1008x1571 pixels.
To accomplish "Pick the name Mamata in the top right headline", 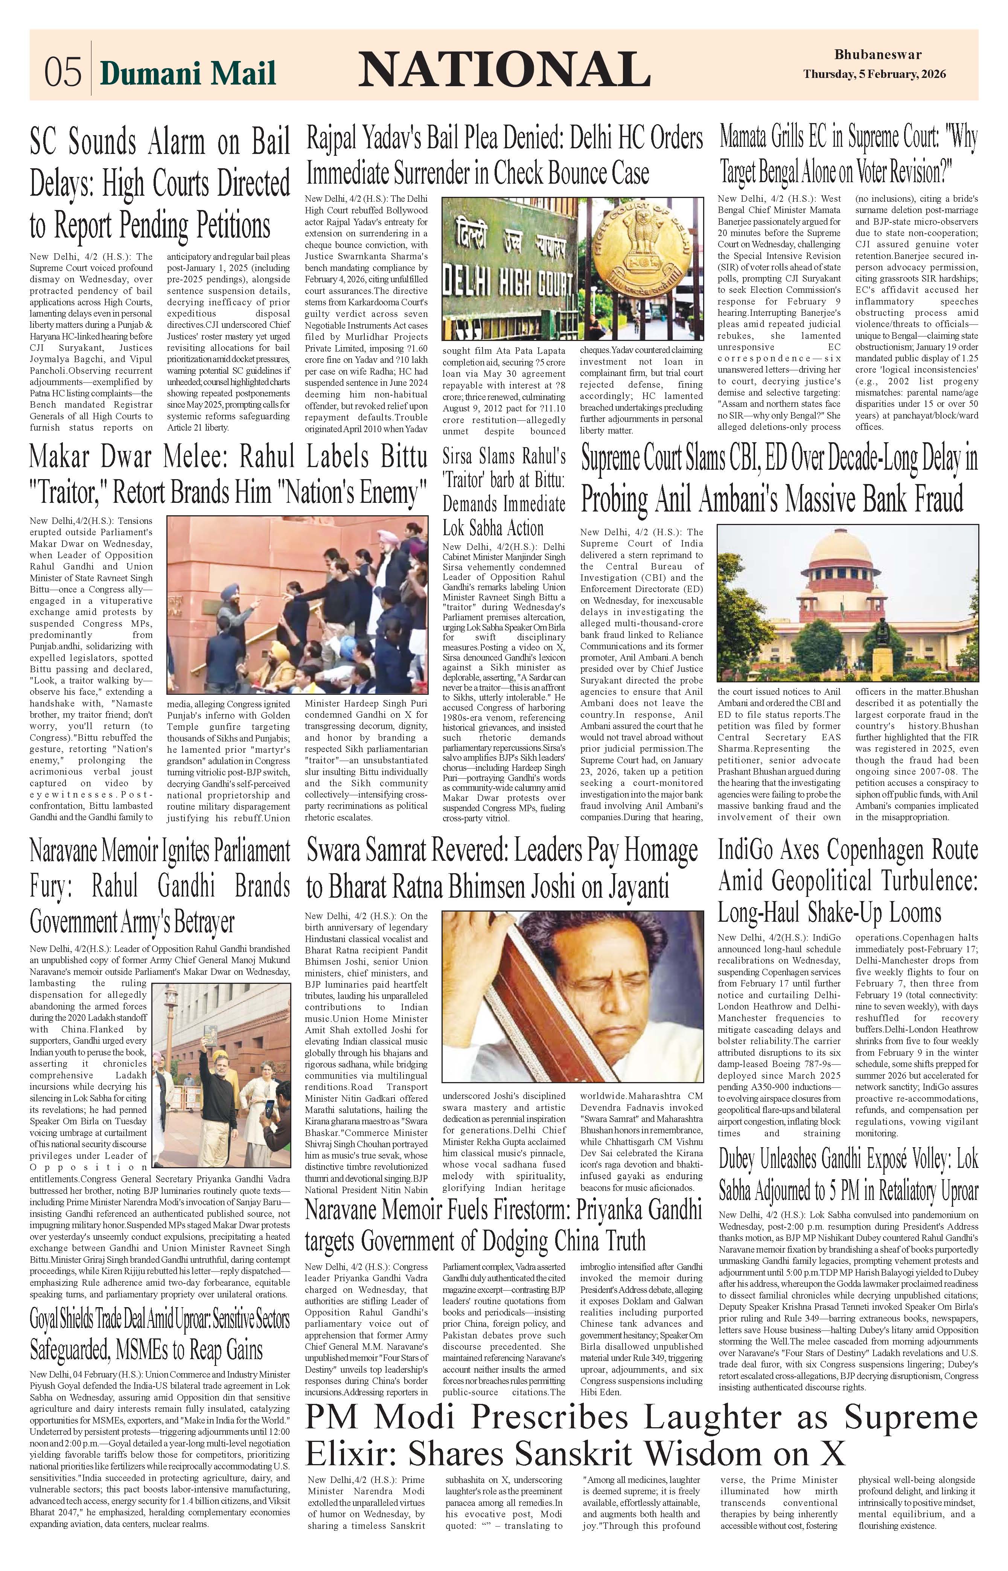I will pyautogui.click(x=749, y=139).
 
